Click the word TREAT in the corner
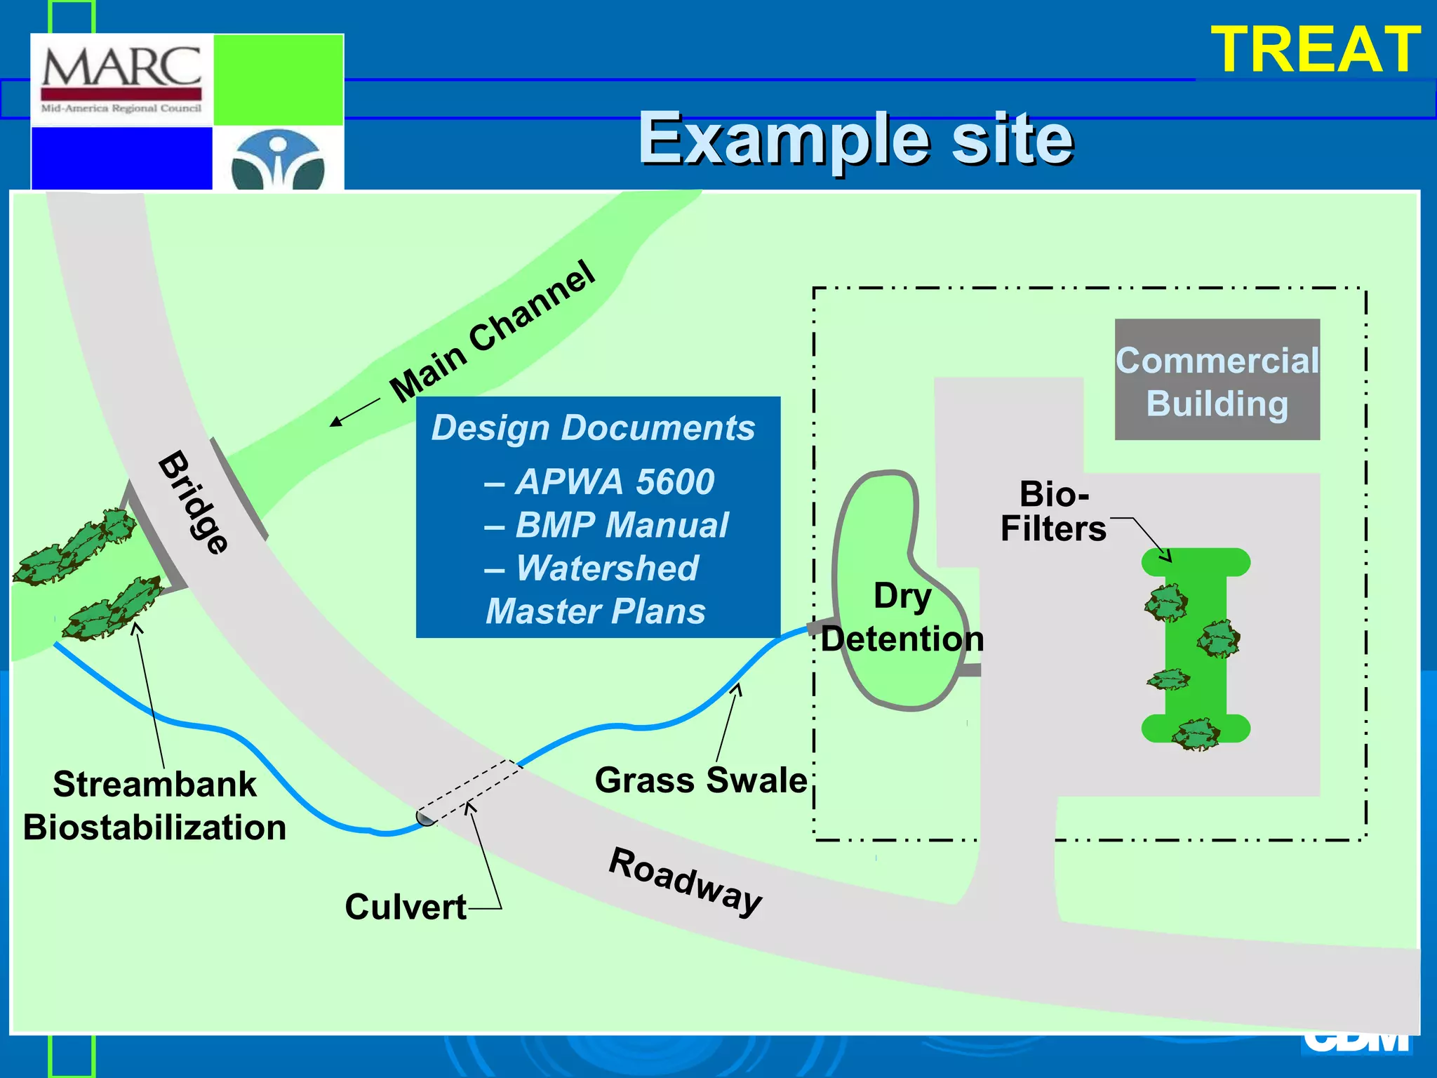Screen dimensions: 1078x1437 [x=1315, y=49]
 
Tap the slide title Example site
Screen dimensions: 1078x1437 [x=855, y=138]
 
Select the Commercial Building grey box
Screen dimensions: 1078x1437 [x=1217, y=380]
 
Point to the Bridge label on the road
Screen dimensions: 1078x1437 [x=193, y=502]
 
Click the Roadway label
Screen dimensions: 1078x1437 [x=686, y=881]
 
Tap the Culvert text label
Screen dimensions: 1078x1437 [x=406, y=906]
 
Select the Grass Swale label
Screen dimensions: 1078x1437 [x=700, y=780]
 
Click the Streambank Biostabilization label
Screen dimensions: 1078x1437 [x=154, y=806]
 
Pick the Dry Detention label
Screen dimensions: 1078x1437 [x=902, y=618]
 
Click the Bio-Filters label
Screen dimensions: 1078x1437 [x=1052, y=512]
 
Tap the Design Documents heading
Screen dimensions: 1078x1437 [x=593, y=427]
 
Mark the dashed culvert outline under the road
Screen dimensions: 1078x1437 [x=469, y=792]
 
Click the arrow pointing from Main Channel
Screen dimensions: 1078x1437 [x=354, y=412]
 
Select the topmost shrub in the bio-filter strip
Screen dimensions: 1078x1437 [x=1166, y=602]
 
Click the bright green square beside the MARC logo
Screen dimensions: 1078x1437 [x=278, y=79]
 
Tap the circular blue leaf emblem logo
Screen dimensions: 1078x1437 [x=278, y=161]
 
